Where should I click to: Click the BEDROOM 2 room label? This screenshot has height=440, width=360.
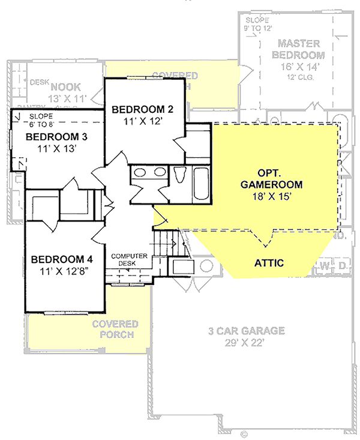[x=142, y=109]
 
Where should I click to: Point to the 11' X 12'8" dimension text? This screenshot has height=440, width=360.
[x=62, y=271]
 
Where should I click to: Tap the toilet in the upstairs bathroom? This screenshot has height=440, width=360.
[x=180, y=175]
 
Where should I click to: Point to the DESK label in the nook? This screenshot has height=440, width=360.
[x=39, y=82]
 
